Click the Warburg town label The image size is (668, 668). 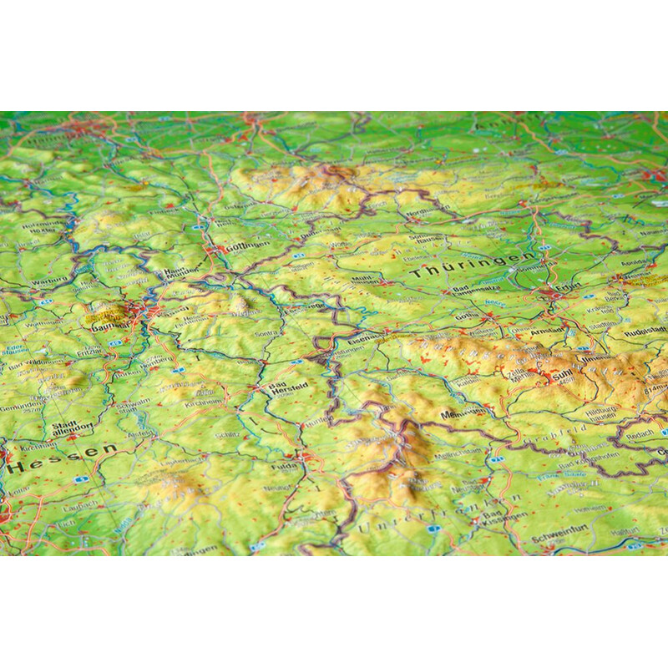point(48,281)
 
